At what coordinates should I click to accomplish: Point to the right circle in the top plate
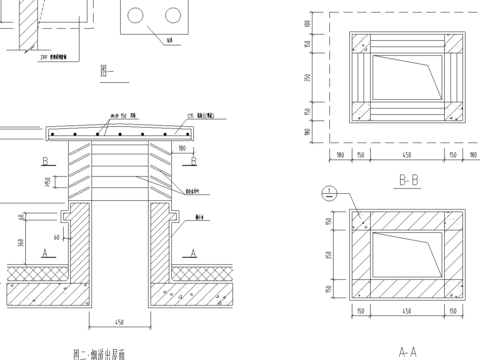click(x=172, y=15)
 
